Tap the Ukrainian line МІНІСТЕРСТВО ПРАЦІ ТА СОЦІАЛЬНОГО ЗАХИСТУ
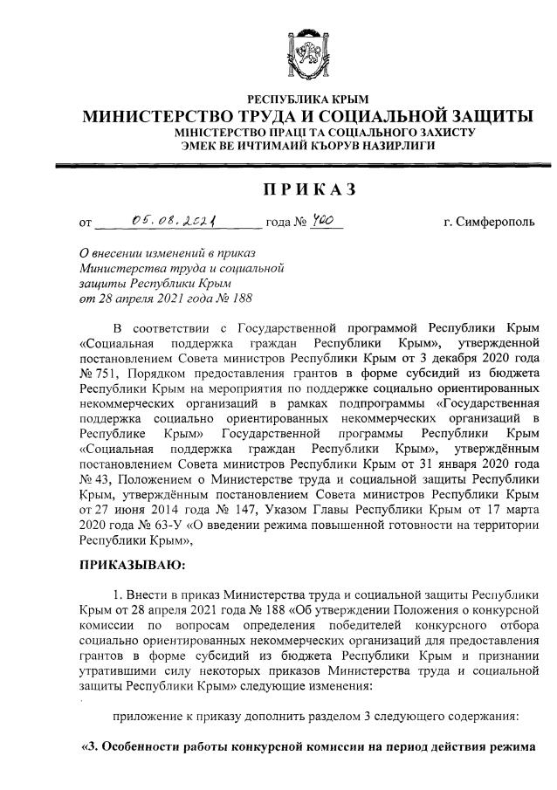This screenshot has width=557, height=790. (308, 132)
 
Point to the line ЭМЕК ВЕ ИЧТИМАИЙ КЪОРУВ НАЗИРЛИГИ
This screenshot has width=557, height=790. (308, 145)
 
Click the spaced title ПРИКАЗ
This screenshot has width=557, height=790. (308, 190)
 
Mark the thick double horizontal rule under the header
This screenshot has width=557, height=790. (308, 164)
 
